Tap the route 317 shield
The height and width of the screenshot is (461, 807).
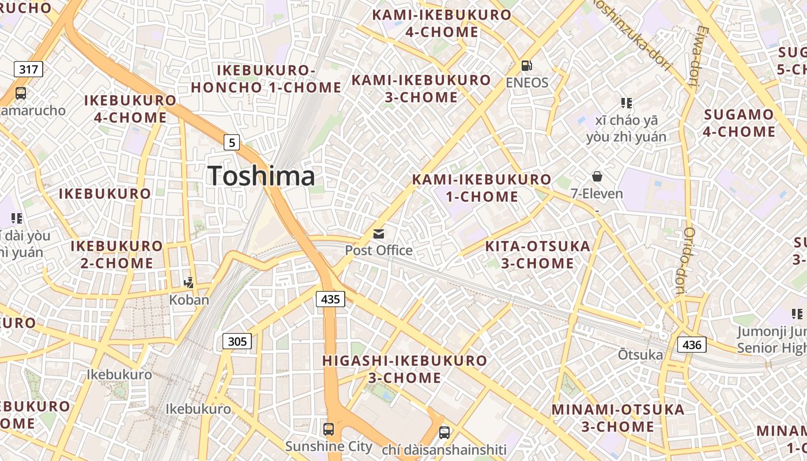(x=28, y=70)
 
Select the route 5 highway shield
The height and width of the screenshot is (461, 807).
(x=231, y=142)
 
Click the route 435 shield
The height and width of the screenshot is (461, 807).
(x=330, y=298)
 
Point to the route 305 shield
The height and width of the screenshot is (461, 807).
(x=237, y=341)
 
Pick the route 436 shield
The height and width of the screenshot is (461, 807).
(x=691, y=345)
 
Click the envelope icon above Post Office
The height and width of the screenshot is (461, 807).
(x=379, y=233)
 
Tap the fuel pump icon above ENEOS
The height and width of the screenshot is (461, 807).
(x=526, y=66)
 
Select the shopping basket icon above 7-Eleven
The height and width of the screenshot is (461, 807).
(x=597, y=176)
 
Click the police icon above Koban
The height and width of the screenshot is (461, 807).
(x=188, y=282)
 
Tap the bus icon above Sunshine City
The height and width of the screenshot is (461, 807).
(x=328, y=429)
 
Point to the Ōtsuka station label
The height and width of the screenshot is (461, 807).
(x=640, y=354)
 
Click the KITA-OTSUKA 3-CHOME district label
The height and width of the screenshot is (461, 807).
(x=537, y=255)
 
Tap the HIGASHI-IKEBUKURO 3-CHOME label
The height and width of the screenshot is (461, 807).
(x=405, y=369)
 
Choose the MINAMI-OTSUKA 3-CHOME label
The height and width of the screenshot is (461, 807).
(x=617, y=418)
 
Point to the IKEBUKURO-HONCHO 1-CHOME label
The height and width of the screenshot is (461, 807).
(x=266, y=79)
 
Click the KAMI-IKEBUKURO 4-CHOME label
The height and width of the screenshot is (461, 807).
(x=442, y=23)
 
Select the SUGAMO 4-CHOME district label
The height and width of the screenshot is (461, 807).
(x=739, y=123)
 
